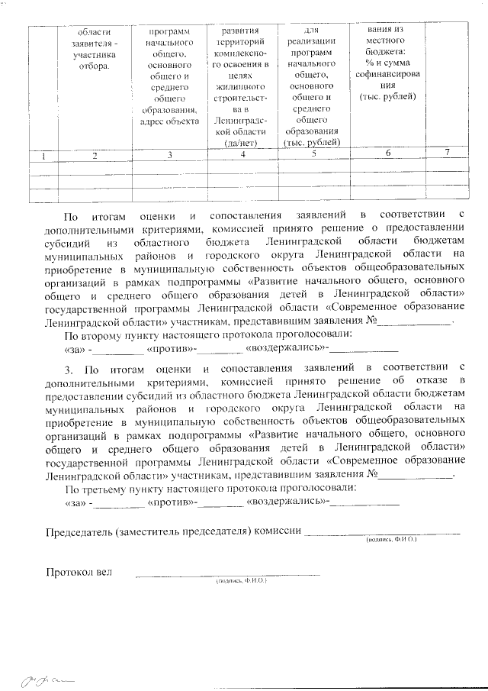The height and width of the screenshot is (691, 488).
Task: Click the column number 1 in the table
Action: (44, 157)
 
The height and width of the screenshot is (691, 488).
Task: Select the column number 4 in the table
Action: (242, 156)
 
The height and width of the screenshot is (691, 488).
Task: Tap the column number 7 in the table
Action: (447, 152)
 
